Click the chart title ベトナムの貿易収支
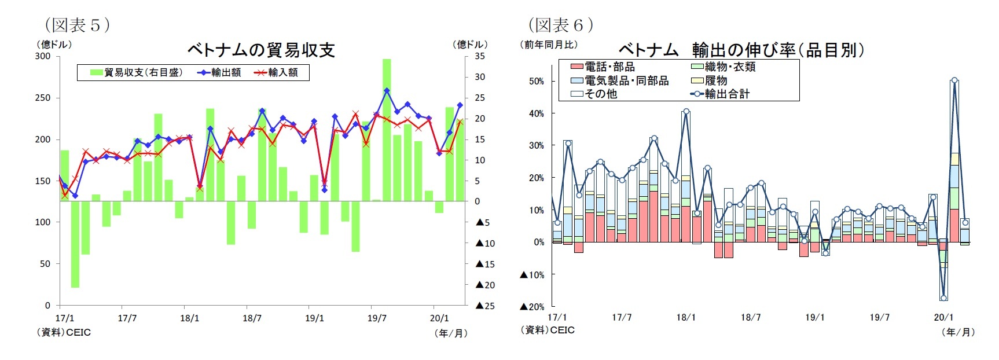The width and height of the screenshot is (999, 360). click(x=261, y=50)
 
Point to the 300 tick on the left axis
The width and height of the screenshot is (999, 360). click(x=43, y=56)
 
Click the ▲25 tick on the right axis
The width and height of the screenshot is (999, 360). click(x=486, y=306)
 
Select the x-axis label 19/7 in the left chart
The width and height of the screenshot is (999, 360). click(x=377, y=318)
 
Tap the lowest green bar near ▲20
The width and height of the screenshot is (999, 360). click(x=75, y=243)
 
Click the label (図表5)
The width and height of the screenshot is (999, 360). click(x=77, y=25)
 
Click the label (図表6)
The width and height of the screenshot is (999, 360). click(x=560, y=25)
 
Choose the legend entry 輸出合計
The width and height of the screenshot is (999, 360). click(x=727, y=94)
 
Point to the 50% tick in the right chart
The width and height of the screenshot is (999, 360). click(x=536, y=81)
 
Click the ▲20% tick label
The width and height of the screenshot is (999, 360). click(x=532, y=307)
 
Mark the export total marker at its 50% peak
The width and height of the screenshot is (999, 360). click(x=954, y=81)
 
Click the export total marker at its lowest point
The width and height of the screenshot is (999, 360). click(x=943, y=298)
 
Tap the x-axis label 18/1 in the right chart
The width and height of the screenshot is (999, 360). click(x=686, y=317)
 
